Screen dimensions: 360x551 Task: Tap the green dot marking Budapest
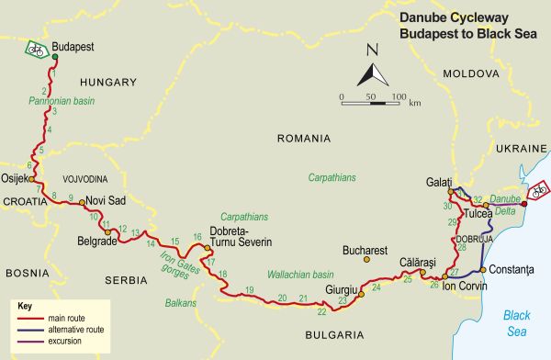pos(55,57)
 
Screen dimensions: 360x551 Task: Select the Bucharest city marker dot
pos(365,260)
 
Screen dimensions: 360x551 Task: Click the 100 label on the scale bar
pos(399,96)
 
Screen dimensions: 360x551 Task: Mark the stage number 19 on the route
pos(249,291)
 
